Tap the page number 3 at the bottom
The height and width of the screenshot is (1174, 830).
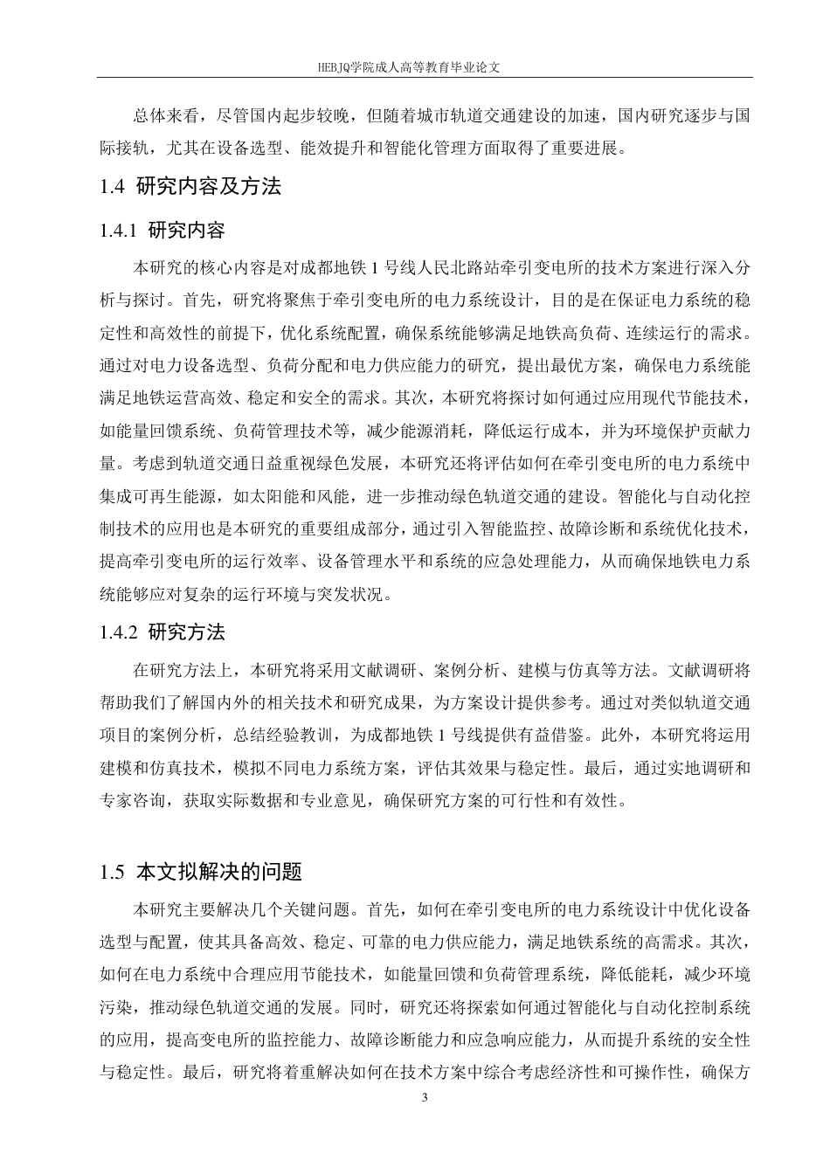(x=424, y=1098)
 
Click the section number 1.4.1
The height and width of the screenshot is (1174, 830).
(x=121, y=231)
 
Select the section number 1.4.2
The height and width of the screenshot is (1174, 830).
(x=121, y=632)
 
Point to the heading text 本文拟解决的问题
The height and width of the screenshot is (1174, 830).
(x=220, y=872)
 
